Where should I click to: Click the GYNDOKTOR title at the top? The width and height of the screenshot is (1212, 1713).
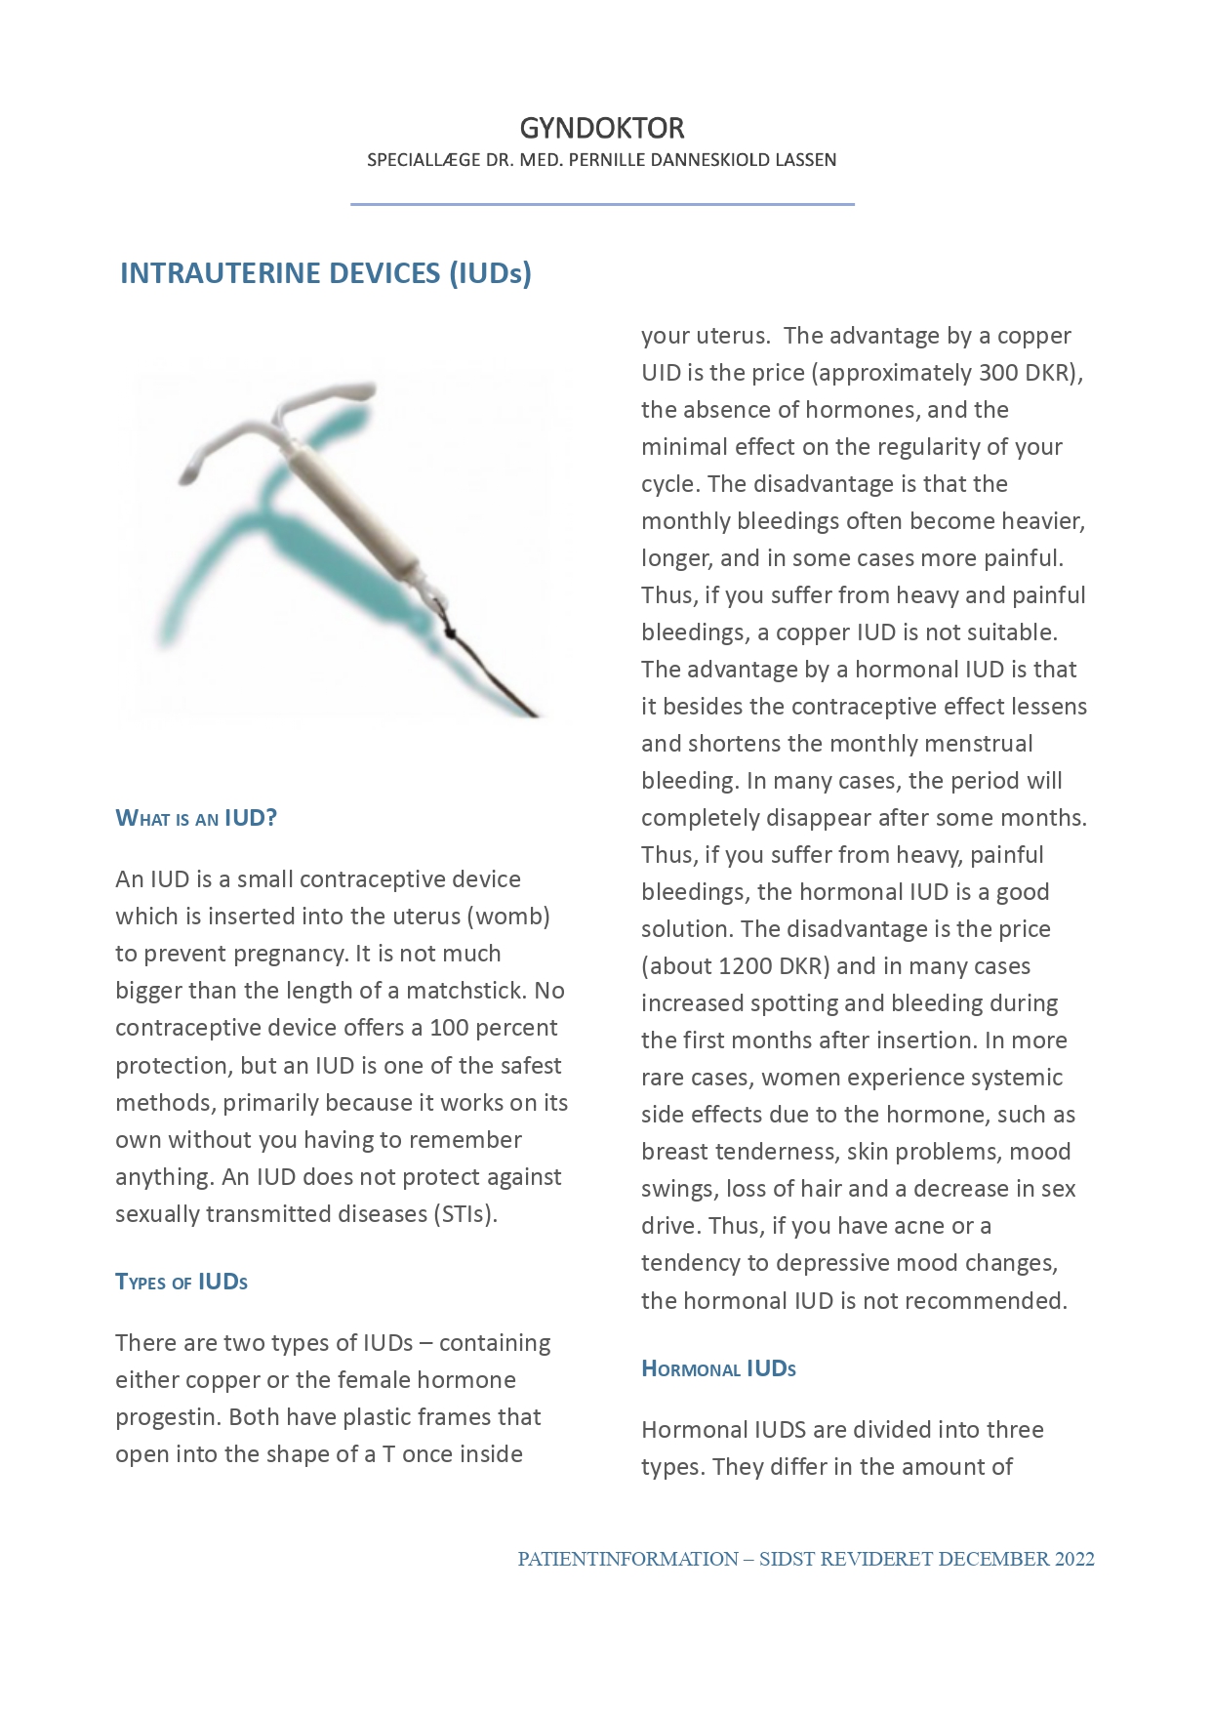(601, 128)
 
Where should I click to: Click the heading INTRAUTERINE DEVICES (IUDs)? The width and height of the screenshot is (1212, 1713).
(325, 273)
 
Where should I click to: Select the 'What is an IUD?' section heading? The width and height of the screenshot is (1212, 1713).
(196, 818)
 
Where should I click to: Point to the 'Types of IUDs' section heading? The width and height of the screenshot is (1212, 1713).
(182, 1282)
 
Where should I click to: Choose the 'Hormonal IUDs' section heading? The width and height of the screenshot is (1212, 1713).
(718, 1368)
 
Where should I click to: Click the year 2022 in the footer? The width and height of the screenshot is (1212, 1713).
(1073, 1559)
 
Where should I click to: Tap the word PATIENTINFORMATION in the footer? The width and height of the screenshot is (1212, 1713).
(627, 1559)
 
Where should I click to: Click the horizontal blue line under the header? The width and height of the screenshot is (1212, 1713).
(602, 204)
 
